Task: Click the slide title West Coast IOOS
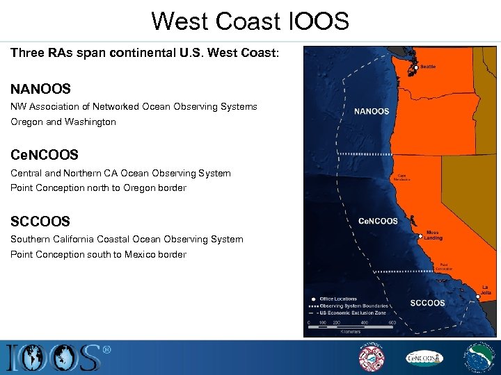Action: pos(250,21)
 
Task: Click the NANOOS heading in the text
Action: pos(40,89)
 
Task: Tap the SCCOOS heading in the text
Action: pos(40,222)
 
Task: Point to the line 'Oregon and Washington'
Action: pos(63,122)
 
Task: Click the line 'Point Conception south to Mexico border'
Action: pos(98,254)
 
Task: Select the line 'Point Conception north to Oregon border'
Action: pos(98,187)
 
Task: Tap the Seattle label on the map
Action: pos(429,67)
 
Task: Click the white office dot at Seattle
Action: pos(416,67)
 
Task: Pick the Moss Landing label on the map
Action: pos(434,235)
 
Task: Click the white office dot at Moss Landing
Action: pos(421,235)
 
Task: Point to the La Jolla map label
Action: pos(486,290)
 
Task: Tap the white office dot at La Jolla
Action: pos(478,296)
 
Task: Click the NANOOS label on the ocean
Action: pos(372,111)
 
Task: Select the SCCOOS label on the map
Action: pos(427,303)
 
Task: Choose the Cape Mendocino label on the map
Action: pos(404,178)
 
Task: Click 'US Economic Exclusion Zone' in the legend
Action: pos(353,312)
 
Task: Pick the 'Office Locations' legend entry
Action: pos(338,299)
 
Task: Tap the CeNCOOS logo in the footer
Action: pos(424,358)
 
